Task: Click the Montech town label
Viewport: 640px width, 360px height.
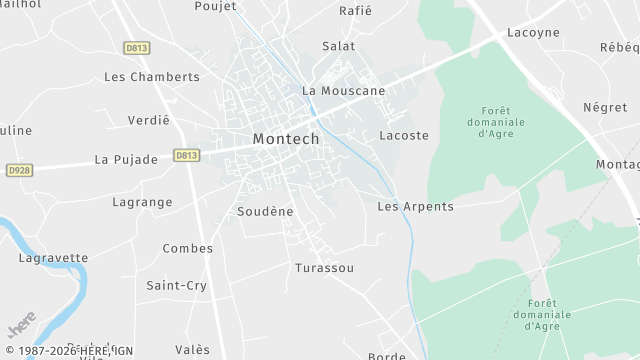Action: [x=286, y=139]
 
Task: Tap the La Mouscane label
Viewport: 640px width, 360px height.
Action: [x=343, y=91]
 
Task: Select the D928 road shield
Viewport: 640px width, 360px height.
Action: [x=19, y=171]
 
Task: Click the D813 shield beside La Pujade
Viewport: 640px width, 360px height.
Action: [x=186, y=155]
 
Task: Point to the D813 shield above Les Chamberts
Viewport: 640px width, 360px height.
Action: [x=136, y=47]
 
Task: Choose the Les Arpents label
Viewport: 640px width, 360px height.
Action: [x=415, y=207]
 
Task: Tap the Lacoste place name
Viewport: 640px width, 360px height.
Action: [x=404, y=135]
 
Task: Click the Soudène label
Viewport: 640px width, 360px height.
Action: [x=265, y=212]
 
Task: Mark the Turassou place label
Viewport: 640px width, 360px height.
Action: [x=324, y=269]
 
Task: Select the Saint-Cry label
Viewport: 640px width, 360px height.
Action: [x=176, y=286]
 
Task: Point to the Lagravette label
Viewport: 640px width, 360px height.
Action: [x=53, y=258]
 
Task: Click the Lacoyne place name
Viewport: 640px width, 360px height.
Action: [x=533, y=33]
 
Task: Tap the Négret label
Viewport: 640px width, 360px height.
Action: [x=604, y=107]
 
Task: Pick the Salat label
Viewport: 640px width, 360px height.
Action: [x=338, y=46]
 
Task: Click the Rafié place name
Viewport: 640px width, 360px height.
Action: [x=355, y=11]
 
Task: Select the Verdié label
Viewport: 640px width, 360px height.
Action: [x=149, y=120]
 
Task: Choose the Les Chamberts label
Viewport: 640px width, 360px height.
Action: [x=152, y=77]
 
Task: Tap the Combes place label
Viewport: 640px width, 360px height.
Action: [x=181, y=248]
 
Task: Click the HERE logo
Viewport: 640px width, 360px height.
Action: [x=21, y=327]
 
